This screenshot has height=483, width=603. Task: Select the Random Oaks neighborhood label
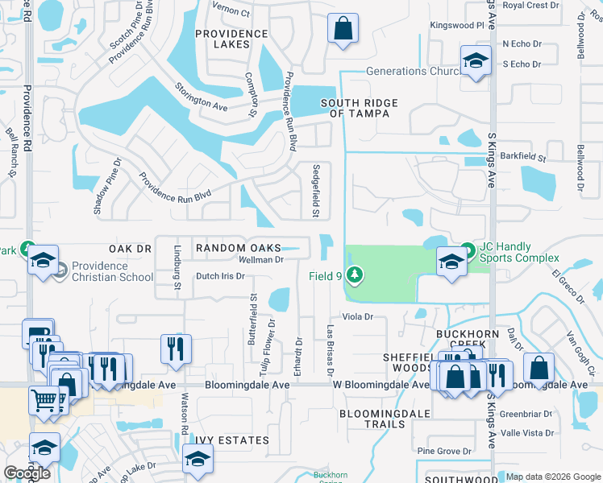239,249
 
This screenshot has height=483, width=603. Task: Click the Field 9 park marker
353,275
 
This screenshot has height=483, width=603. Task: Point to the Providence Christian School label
111,271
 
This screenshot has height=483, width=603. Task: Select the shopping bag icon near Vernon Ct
343,28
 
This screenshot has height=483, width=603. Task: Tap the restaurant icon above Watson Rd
176,349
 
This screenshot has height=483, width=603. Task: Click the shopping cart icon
44,399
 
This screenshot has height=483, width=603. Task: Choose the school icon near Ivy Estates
196,460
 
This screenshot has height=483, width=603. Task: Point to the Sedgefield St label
316,191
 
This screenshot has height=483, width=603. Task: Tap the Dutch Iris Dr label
220,276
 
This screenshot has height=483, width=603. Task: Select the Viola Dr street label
357,316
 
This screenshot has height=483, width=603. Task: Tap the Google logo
27,473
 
